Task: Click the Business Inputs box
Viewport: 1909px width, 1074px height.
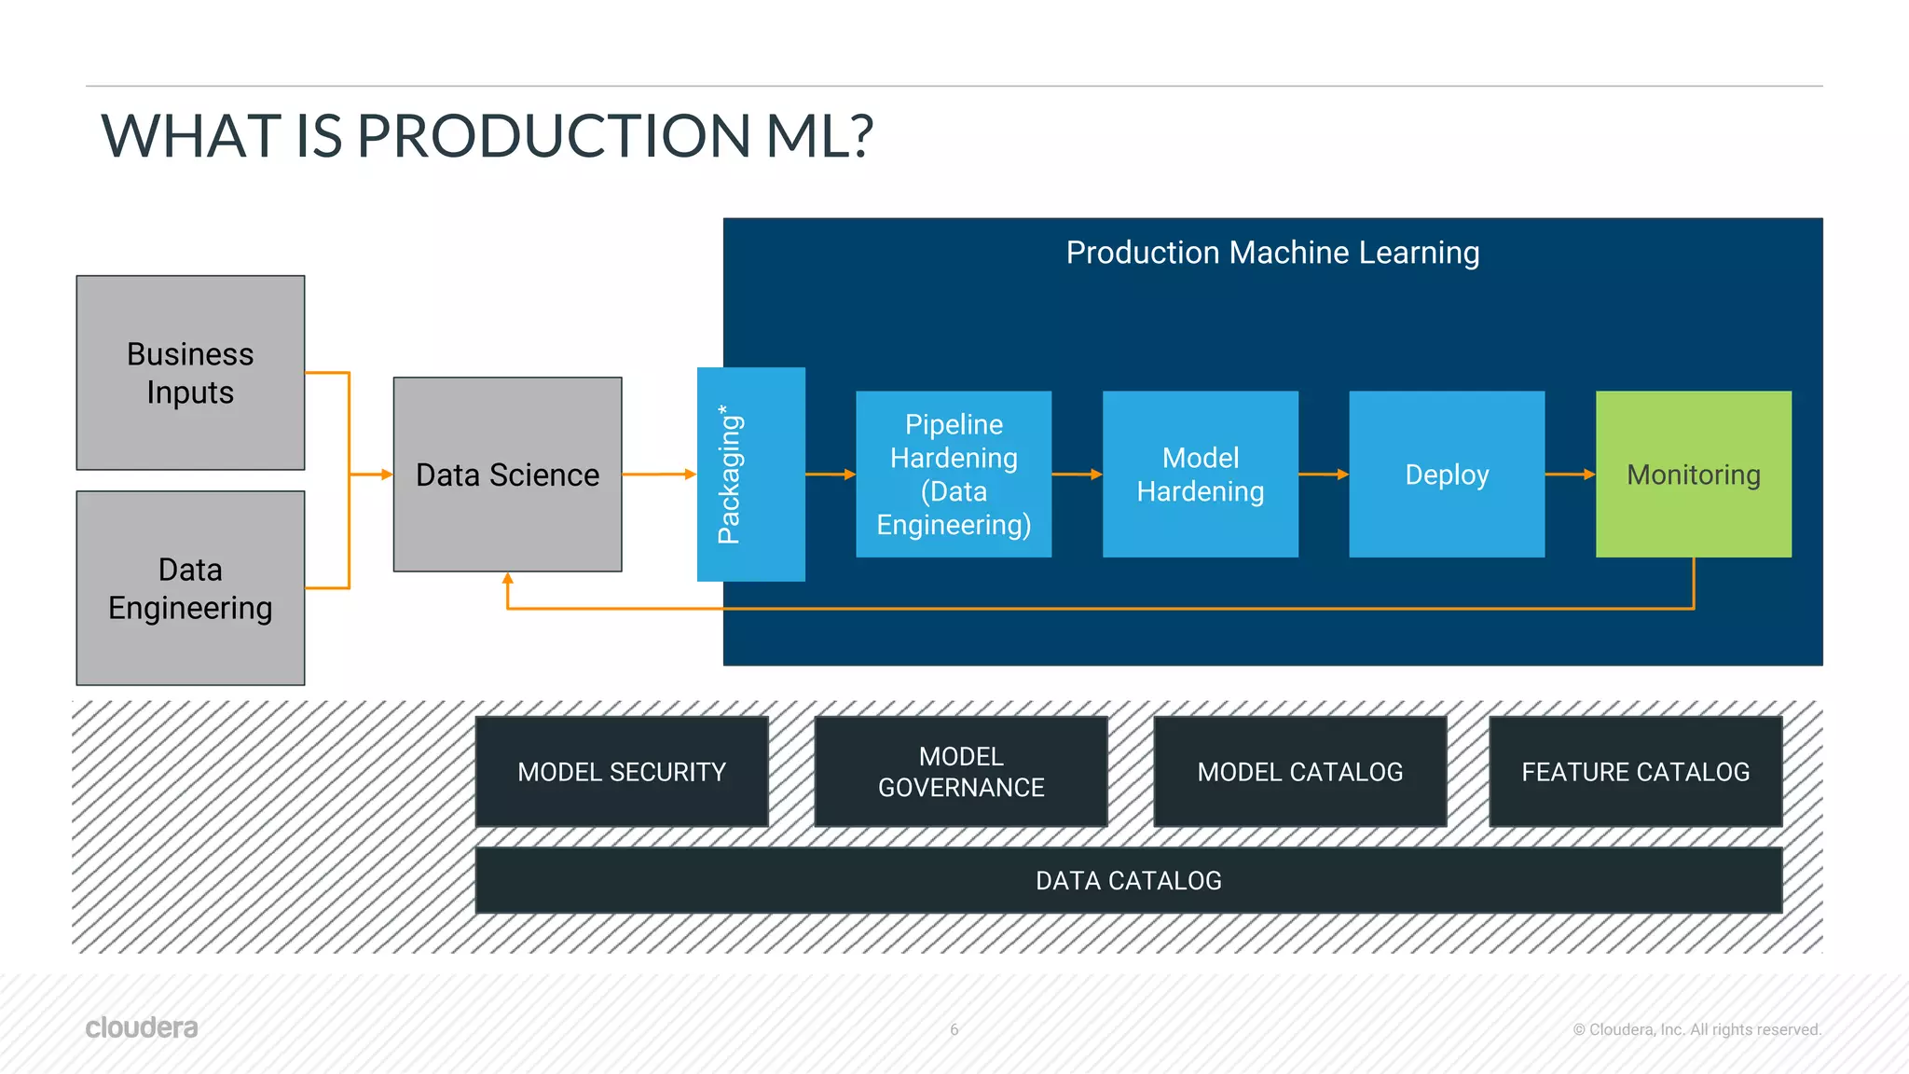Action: (x=190, y=373)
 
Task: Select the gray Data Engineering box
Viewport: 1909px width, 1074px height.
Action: (x=190, y=588)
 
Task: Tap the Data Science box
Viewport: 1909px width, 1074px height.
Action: (x=507, y=475)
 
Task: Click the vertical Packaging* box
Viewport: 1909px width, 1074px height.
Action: (x=750, y=475)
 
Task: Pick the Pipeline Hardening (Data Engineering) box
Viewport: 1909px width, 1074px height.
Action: (x=954, y=475)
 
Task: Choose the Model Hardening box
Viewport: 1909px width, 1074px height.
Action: (x=1200, y=475)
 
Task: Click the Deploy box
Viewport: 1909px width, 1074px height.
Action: (x=1447, y=475)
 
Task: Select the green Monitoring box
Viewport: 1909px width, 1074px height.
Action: (x=1693, y=475)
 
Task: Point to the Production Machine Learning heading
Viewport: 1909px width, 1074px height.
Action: (x=1272, y=253)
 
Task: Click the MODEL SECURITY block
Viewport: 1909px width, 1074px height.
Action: (x=622, y=772)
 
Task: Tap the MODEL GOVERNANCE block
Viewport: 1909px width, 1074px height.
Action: (x=961, y=772)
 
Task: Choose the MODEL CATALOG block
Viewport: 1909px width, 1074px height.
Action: (x=1299, y=772)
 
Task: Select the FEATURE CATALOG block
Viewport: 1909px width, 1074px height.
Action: (x=1635, y=772)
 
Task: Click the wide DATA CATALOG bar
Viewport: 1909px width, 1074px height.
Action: (x=1128, y=880)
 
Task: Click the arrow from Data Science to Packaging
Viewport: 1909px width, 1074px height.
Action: (x=658, y=475)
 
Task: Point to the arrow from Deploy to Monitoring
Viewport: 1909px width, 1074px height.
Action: (x=1570, y=475)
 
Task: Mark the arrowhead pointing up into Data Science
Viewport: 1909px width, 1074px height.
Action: (x=507, y=579)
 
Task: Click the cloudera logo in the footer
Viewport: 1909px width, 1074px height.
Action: (x=142, y=1027)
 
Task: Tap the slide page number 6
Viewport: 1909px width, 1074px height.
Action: (x=954, y=1029)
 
